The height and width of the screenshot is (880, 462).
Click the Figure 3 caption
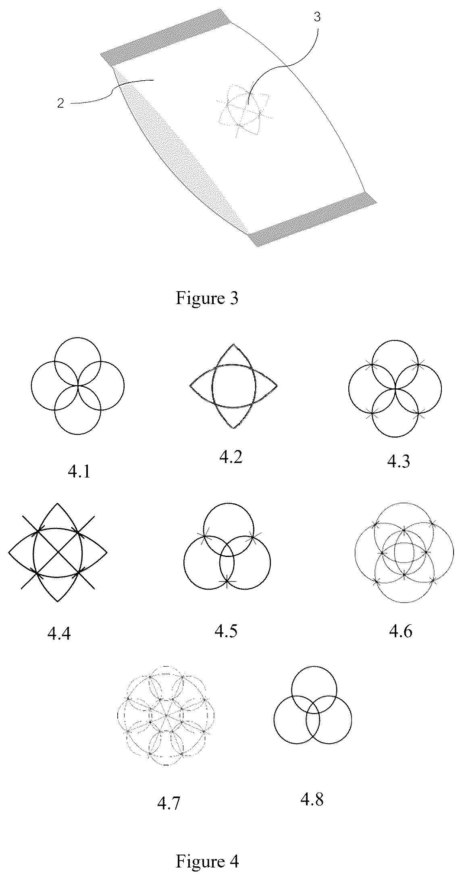[207, 299]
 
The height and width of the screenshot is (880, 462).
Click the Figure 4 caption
[207, 862]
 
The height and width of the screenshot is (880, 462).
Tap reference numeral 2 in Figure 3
[60, 103]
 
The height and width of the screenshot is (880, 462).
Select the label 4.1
[79, 471]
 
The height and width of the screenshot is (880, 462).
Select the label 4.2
[231, 457]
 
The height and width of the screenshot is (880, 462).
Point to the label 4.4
[59, 634]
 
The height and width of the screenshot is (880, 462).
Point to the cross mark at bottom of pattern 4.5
[227, 581]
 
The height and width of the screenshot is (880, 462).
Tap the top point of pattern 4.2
[233, 344]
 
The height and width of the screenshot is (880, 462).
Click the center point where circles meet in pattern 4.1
[78, 386]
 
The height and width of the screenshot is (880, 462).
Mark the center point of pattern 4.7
[166, 715]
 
